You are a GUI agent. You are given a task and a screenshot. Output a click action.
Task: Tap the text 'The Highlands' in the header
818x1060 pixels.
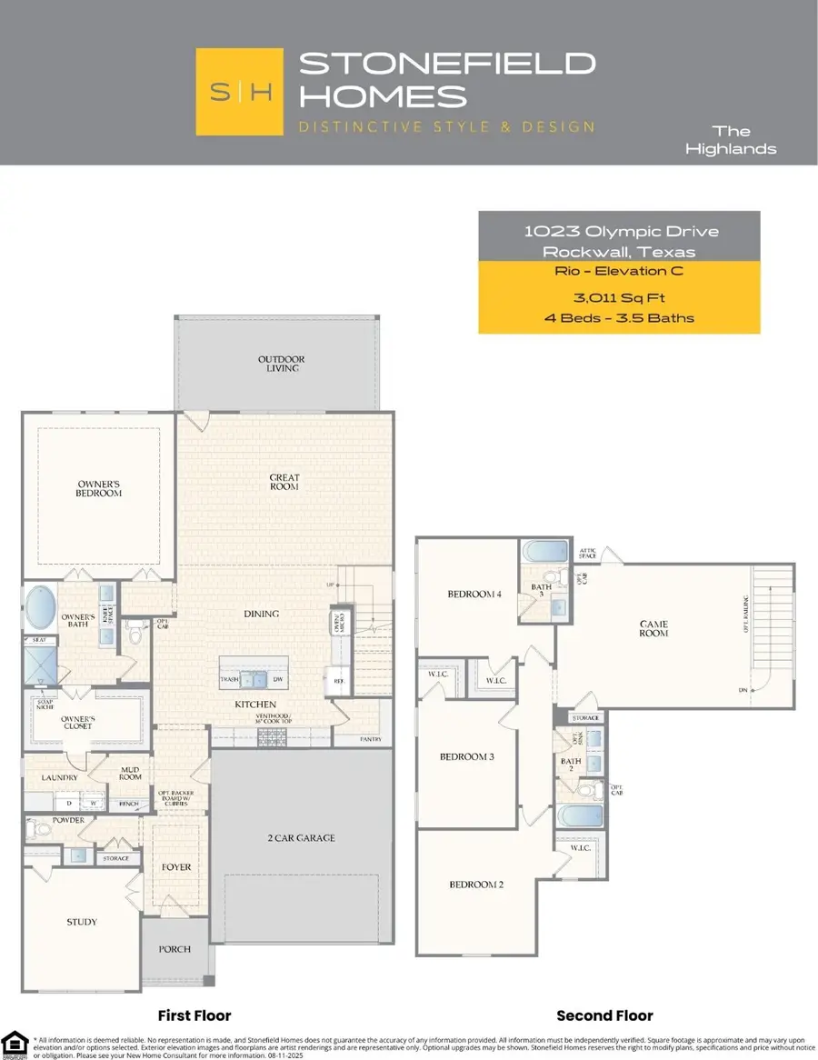click(x=743, y=139)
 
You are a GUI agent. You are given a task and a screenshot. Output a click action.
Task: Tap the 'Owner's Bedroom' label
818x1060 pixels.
click(x=98, y=487)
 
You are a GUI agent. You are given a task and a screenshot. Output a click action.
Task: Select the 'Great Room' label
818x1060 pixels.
click(x=284, y=482)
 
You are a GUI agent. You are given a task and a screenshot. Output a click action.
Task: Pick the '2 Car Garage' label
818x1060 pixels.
click(x=303, y=838)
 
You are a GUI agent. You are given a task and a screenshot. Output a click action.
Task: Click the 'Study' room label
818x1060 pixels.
click(x=81, y=922)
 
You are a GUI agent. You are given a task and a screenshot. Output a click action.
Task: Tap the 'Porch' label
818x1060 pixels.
click(x=175, y=949)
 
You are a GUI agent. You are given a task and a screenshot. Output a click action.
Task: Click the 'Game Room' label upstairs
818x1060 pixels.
click(x=653, y=628)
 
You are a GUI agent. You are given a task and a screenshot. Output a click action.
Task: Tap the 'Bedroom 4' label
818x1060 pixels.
click(x=474, y=595)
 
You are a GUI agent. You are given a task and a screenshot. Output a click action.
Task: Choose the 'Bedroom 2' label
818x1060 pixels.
click(x=474, y=885)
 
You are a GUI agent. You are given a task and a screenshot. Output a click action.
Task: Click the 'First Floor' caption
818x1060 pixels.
click(x=195, y=1015)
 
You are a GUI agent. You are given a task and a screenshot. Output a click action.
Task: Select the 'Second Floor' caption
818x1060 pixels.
click(x=604, y=1015)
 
